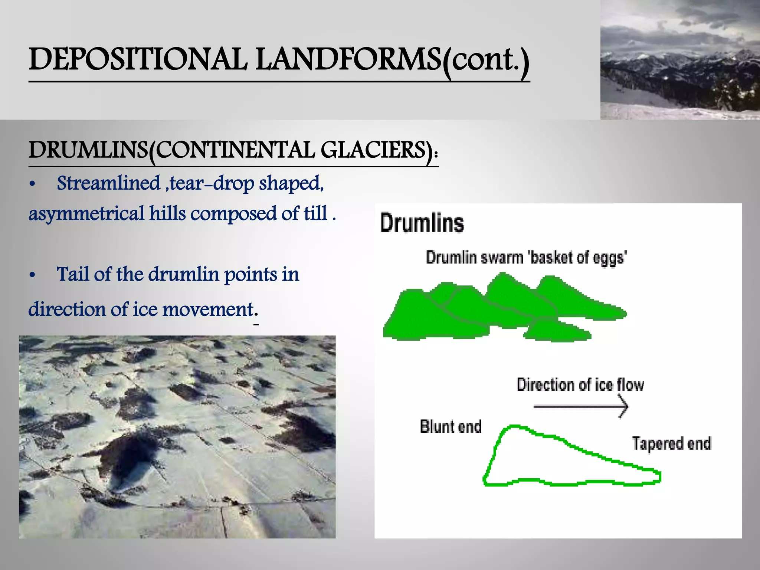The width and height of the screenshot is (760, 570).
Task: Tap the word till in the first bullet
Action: click(315, 214)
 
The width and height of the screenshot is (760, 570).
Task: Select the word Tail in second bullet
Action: click(73, 275)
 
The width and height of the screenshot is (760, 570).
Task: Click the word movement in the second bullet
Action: click(208, 309)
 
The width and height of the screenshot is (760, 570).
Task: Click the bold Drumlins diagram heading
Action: click(422, 223)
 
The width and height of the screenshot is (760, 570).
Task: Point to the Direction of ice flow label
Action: click(580, 385)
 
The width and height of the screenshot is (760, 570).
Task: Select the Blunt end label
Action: click(451, 427)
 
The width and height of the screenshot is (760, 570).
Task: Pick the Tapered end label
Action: click(671, 443)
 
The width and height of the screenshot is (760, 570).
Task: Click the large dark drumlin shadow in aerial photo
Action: click(128, 456)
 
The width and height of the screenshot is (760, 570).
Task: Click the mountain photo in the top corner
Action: click(680, 59)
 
